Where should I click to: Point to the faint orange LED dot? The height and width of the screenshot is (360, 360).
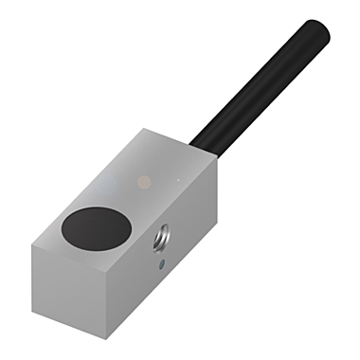click(x=142, y=179)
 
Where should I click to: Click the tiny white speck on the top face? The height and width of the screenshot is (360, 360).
click(x=176, y=176)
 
